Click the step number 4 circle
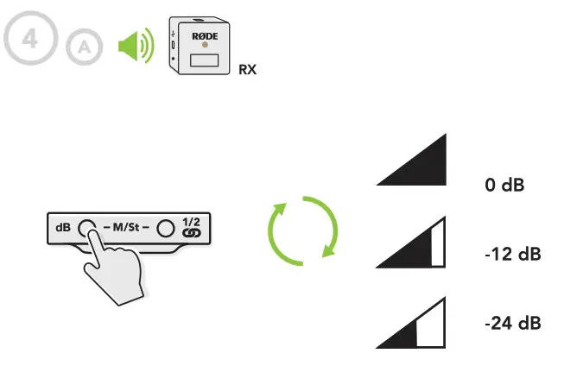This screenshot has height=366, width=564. (29, 41)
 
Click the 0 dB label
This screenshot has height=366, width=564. (504, 185)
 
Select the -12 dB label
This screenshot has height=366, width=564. (512, 256)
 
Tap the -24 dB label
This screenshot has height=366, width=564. (512, 323)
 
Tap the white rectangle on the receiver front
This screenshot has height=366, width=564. (205, 61)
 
